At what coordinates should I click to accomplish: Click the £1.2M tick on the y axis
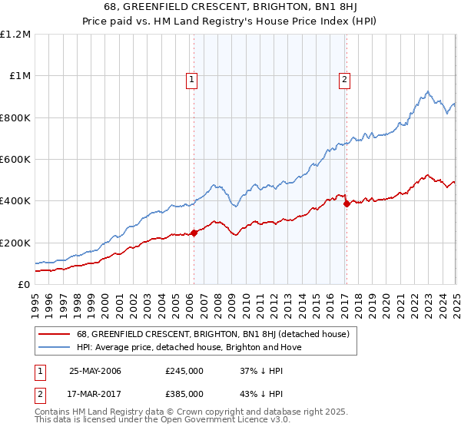point(15,35)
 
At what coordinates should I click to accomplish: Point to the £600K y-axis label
point(15,160)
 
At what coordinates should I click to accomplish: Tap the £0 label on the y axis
point(24,285)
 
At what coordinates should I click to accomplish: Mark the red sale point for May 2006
point(194,233)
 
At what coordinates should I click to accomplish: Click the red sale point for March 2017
point(347,204)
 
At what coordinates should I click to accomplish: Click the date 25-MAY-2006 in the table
point(95,372)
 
